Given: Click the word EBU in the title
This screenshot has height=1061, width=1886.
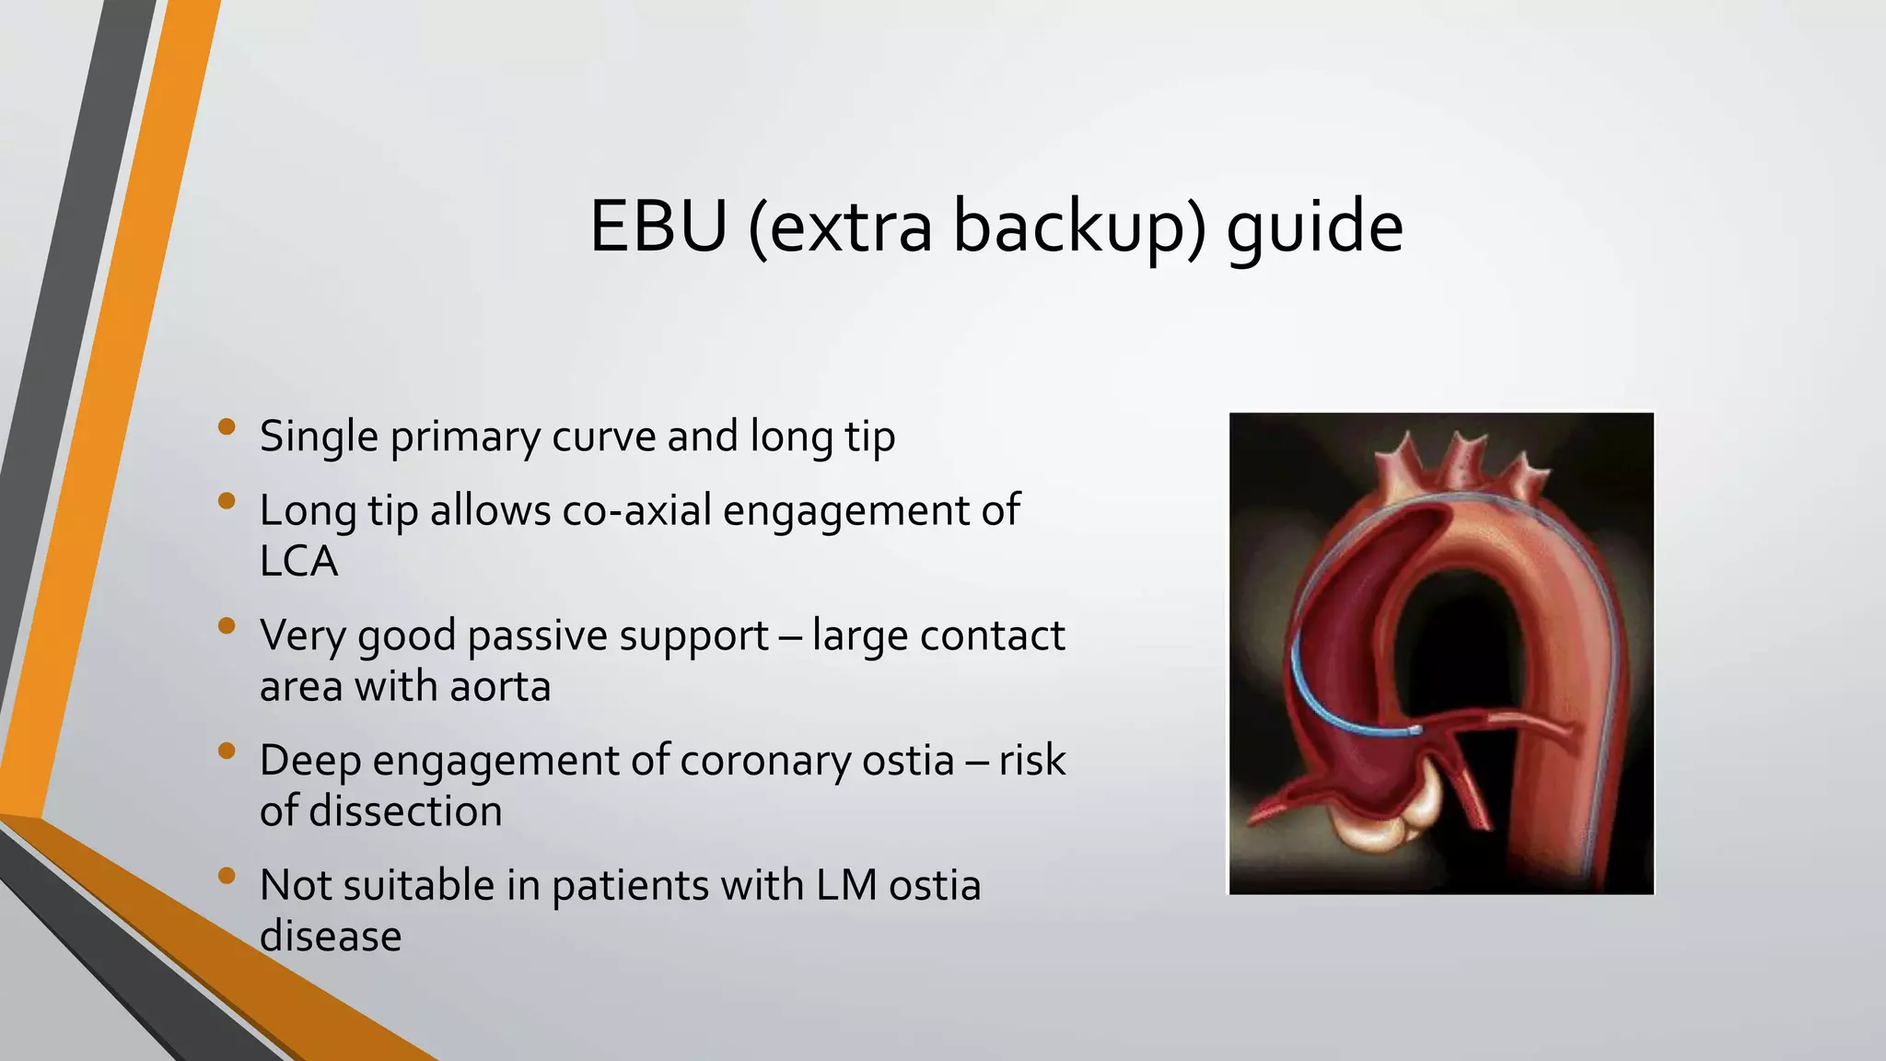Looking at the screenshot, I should tap(658, 227).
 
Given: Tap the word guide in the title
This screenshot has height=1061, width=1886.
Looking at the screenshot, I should tap(1314, 227).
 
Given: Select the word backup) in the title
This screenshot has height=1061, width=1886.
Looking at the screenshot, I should tap(1078, 227).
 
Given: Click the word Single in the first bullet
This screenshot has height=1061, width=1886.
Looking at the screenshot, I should tap(318, 437).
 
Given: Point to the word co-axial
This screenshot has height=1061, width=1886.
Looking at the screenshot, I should tap(635, 510).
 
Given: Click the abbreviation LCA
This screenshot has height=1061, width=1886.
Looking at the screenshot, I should tap(298, 561).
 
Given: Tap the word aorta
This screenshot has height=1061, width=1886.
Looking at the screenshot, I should tap(501, 686).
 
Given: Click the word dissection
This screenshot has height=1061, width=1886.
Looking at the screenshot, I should tap(405, 811).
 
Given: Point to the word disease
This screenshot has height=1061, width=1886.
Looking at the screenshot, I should tap(330, 937).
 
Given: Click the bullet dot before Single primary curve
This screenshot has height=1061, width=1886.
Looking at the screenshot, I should tap(227, 427).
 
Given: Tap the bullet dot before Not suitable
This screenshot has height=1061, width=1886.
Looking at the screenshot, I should tap(227, 876).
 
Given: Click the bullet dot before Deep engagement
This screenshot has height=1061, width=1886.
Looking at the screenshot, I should tap(227, 752).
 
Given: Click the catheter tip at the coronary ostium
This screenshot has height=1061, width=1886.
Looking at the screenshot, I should tap(1414, 730).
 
